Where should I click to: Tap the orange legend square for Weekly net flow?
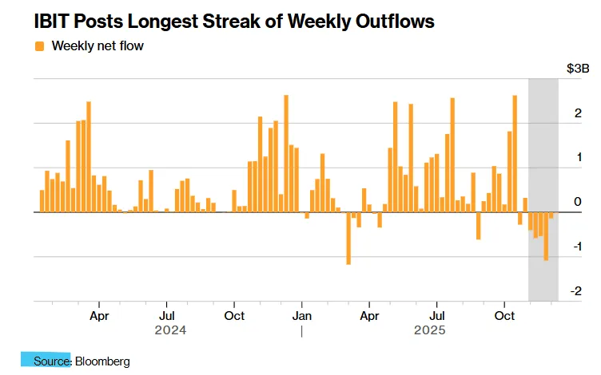(x=40, y=45)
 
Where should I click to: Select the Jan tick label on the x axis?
(x=301, y=315)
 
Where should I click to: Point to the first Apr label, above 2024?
(x=98, y=315)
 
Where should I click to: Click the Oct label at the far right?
(x=504, y=315)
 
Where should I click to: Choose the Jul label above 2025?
(x=437, y=315)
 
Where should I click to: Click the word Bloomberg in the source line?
(x=102, y=361)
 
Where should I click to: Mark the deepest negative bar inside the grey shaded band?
(x=546, y=236)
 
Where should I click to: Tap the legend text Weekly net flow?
(x=98, y=45)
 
